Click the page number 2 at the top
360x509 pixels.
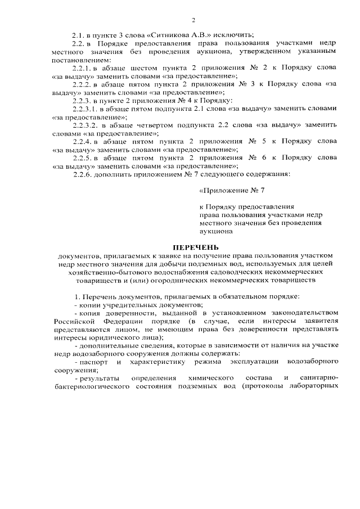coord(193,21)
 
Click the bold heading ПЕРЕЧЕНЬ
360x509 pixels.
coord(193,247)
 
